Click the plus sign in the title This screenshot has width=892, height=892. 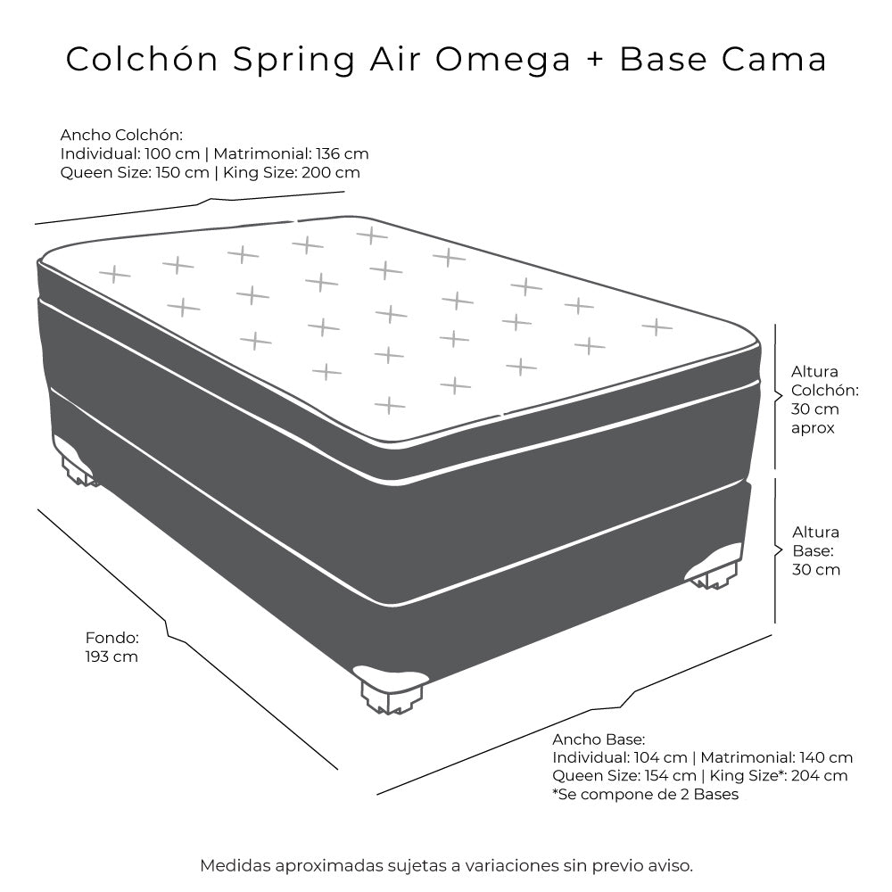(594, 59)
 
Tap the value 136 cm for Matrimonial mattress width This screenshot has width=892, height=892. (343, 153)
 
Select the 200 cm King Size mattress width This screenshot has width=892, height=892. (331, 172)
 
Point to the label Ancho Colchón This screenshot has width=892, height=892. (121, 135)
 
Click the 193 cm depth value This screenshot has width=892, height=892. (111, 657)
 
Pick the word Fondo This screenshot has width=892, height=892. (112, 638)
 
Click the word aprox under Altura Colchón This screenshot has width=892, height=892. (813, 428)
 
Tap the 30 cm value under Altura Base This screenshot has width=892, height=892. (816, 569)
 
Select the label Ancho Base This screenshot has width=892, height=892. (599, 739)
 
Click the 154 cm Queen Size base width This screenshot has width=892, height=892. (670, 775)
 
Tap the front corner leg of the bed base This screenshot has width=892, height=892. (392, 690)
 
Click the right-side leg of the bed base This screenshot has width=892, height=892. (714, 566)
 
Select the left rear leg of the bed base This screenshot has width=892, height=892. (76, 461)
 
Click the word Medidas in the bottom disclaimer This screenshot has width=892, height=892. (235, 866)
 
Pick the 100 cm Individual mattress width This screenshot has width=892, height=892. (172, 153)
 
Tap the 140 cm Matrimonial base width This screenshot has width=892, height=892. (826, 757)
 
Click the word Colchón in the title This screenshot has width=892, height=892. (142, 59)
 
